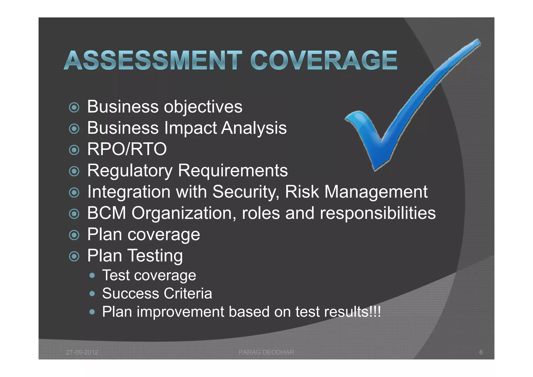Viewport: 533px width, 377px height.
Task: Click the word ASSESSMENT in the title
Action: click(153, 61)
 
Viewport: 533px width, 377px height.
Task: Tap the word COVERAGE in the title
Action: click(324, 61)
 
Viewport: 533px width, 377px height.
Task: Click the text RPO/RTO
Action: click(127, 149)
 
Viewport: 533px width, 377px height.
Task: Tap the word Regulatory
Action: click(130, 171)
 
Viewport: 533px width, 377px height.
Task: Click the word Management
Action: click(376, 192)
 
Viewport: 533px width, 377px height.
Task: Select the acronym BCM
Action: click(107, 213)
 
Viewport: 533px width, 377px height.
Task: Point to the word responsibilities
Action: click(378, 213)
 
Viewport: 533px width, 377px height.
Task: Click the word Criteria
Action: click(188, 293)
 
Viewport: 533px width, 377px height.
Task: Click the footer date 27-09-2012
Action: click(82, 352)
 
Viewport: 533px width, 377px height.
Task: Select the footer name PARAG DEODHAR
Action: click(266, 352)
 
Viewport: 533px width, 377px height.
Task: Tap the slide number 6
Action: click(481, 352)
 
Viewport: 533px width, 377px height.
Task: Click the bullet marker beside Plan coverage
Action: click(74, 235)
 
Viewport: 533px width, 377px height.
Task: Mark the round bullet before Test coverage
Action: click(92, 275)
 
